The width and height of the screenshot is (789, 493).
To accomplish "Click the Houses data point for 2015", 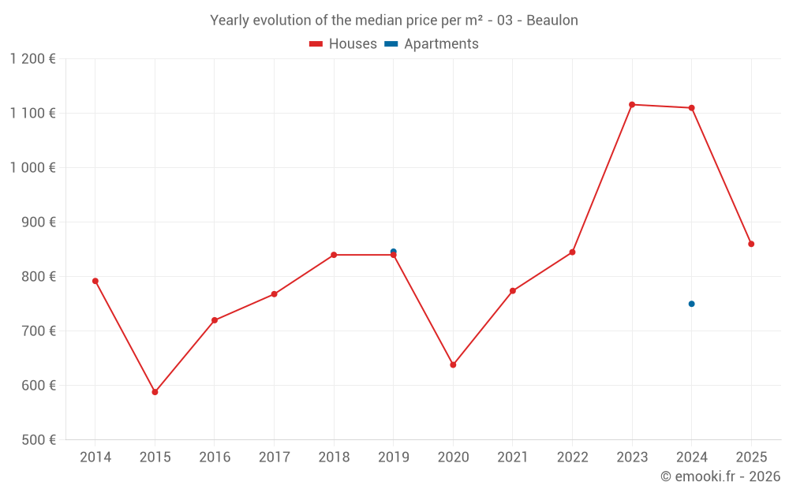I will click(155, 392).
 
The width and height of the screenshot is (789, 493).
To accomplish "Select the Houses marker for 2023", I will click(632, 105).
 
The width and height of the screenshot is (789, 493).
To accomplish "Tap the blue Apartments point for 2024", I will click(691, 304).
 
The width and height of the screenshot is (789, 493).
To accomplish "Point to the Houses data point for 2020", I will click(453, 365).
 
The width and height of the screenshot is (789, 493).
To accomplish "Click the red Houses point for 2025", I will click(751, 244).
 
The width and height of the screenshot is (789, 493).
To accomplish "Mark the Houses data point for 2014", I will click(95, 281).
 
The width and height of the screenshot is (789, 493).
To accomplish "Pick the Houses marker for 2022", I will click(572, 252).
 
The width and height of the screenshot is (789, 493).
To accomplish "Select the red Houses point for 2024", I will click(691, 108).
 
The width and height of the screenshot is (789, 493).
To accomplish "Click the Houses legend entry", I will click(343, 44).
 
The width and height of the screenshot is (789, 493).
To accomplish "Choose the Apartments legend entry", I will click(432, 44).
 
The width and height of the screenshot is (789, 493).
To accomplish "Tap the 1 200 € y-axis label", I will click(32, 58).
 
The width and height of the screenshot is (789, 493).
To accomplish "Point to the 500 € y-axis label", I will click(38, 440).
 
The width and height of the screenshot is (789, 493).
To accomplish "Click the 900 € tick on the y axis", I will click(38, 222).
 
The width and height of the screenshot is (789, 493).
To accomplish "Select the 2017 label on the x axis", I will click(274, 458).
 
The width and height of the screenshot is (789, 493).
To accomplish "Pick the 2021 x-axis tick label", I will click(513, 458).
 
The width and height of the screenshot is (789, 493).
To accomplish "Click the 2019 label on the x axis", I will click(393, 458).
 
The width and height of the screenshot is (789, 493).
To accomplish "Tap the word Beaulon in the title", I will click(552, 21).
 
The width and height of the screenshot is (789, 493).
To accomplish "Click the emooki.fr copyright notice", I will click(720, 476).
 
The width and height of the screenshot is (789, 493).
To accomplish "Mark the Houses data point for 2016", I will click(215, 320).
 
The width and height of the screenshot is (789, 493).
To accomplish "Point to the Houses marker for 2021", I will click(513, 291).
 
